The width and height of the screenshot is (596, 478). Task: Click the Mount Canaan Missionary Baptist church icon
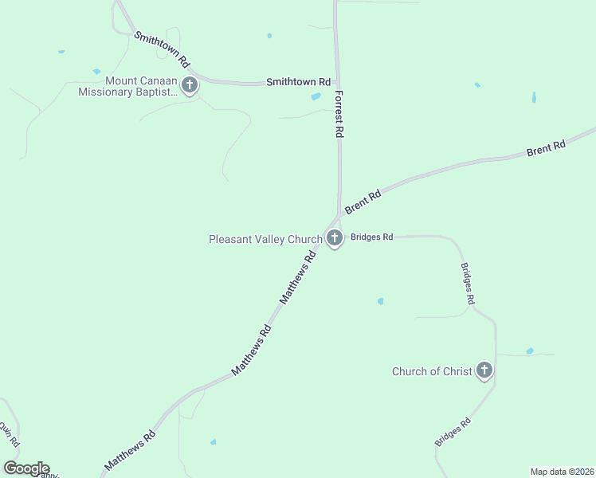(x=190, y=85)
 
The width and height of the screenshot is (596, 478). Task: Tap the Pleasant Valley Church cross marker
(x=335, y=237)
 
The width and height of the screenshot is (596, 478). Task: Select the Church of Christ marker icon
(x=484, y=370)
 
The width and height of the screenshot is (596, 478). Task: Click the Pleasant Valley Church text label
(x=265, y=238)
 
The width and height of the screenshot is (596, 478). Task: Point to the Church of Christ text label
(x=432, y=371)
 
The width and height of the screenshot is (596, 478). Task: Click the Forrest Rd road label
(x=339, y=115)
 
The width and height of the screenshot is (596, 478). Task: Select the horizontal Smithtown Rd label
(x=298, y=81)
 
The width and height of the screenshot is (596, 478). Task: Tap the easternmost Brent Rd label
(x=546, y=148)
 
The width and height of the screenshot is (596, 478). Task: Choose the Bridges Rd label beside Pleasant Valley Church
(x=372, y=237)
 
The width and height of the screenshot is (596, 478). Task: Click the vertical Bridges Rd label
(x=468, y=284)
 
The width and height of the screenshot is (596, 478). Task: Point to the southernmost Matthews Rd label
(x=130, y=450)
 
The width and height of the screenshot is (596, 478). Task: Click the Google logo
(x=26, y=468)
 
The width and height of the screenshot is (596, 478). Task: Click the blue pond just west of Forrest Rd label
(x=316, y=96)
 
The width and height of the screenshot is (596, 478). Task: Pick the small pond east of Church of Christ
(x=529, y=351)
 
